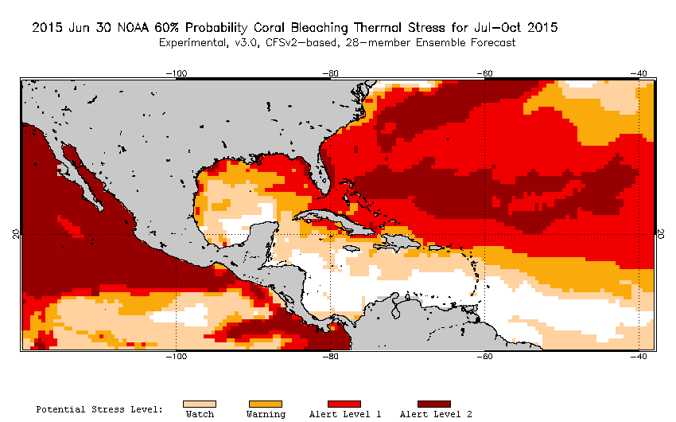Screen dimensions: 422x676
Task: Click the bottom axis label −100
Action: pos(176,357)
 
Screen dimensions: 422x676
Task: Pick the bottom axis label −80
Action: pos(330,357)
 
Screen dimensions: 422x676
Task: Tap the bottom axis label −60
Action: pos(484,357)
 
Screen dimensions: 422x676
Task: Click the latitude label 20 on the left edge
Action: pos(15,234)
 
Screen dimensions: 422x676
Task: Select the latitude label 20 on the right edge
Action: pos(661,234)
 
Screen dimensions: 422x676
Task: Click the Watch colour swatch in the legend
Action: pos(199,404)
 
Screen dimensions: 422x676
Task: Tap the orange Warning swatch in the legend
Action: pos(265,404)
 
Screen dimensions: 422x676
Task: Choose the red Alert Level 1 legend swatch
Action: pos(344,404)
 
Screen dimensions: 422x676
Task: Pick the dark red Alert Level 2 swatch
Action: pos(433,404)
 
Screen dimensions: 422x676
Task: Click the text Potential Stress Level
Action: pos(99,409)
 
